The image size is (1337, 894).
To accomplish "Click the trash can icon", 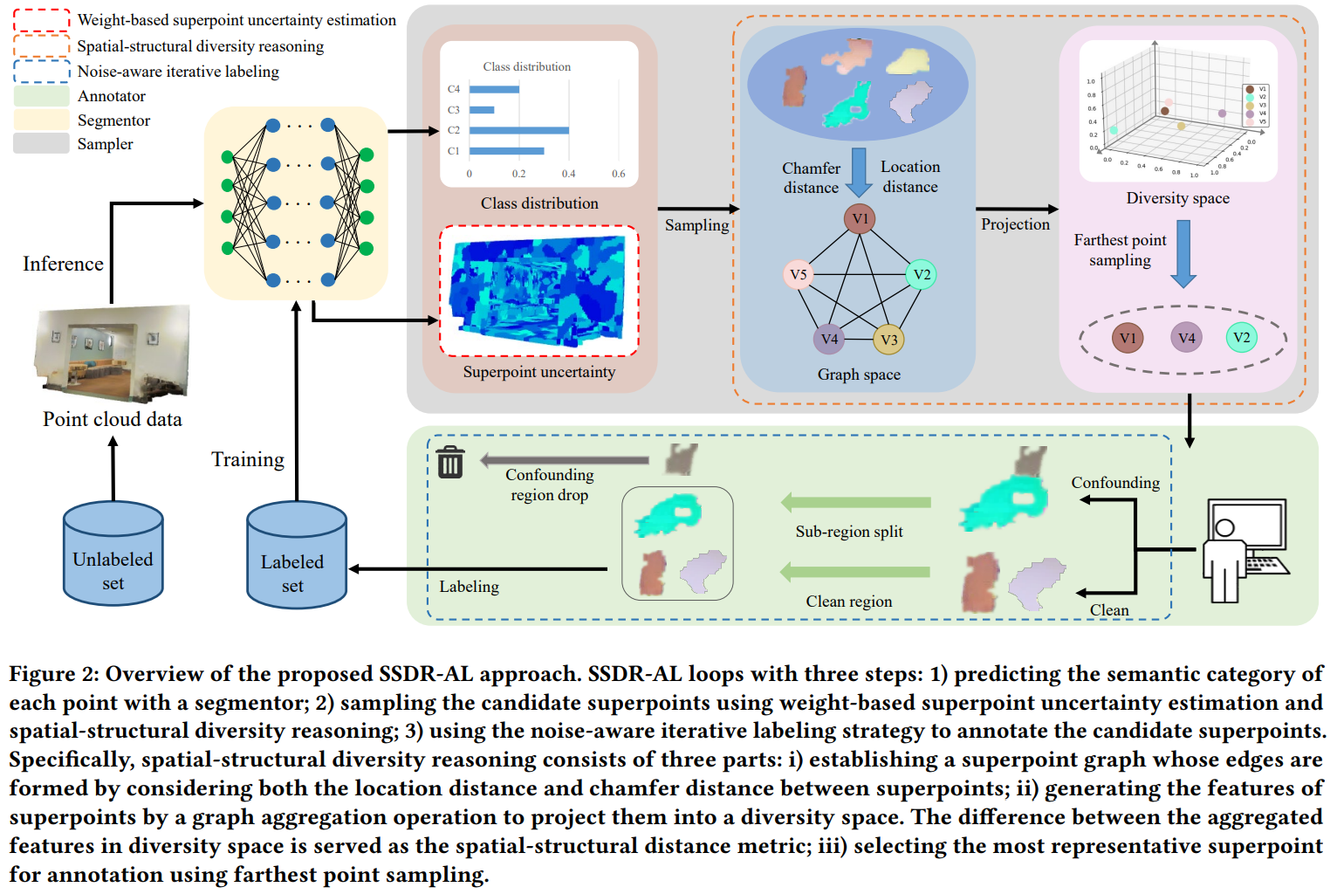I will point(450,462).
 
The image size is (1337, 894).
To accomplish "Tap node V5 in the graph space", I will point(798,274).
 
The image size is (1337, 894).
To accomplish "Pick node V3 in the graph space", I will point(888,340).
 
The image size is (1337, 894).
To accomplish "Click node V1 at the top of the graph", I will point(860,218).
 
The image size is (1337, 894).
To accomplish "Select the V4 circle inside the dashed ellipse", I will point(1186,338).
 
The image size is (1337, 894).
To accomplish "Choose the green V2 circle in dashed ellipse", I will point(1241,338).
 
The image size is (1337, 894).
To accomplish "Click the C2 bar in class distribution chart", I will point(518,130).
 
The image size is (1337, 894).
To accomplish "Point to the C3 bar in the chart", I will point(482,110).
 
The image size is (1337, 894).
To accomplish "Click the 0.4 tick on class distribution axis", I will point(568,174).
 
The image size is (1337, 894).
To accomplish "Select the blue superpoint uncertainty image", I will point(538,290).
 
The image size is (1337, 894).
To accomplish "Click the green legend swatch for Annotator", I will point(41,96).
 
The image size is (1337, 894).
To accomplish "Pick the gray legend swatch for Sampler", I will point(41,144).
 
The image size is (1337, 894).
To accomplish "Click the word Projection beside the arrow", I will point(1015,224).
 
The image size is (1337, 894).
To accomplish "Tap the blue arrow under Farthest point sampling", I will point(1183,253).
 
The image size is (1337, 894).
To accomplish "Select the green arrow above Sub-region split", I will point(855,502).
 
